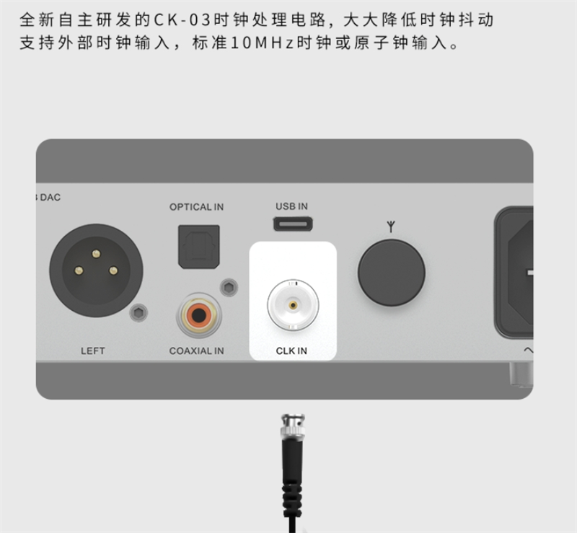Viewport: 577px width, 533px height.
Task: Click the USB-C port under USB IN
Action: click(x=293, y=224)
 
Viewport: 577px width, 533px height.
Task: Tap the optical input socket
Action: click(x=199, y=247)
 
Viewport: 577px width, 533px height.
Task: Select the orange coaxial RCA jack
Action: click(x=199, y=315)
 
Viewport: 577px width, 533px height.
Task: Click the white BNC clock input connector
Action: click(x=293, y=305)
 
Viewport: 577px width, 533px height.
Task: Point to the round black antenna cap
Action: click(x=391, y=273)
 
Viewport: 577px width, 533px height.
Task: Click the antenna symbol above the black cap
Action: click(x=391, y=226)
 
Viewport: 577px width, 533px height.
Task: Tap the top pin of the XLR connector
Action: click(x=96, y=254)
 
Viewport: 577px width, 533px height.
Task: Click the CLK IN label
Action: click(x=291, y=351)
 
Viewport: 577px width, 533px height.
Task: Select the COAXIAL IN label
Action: click(x=196, y=351)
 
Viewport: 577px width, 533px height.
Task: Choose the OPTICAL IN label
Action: click(x=196, y=207)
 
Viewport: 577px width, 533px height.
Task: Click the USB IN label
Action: click(x=292, y=206)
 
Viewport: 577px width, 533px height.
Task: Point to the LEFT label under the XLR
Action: click(x=93, y=351)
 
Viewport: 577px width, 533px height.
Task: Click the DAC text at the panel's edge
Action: click(x=50, y=198)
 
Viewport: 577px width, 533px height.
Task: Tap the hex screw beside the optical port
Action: click(x=229, y=288)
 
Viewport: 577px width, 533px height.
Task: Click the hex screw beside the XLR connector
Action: click(x=138, y=313)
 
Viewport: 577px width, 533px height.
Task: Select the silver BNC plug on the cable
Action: click(x=293, y=427)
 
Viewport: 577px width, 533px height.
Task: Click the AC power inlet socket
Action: click(x=514, y=273)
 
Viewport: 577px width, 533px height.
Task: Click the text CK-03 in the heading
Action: click(x=182, y=19)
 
